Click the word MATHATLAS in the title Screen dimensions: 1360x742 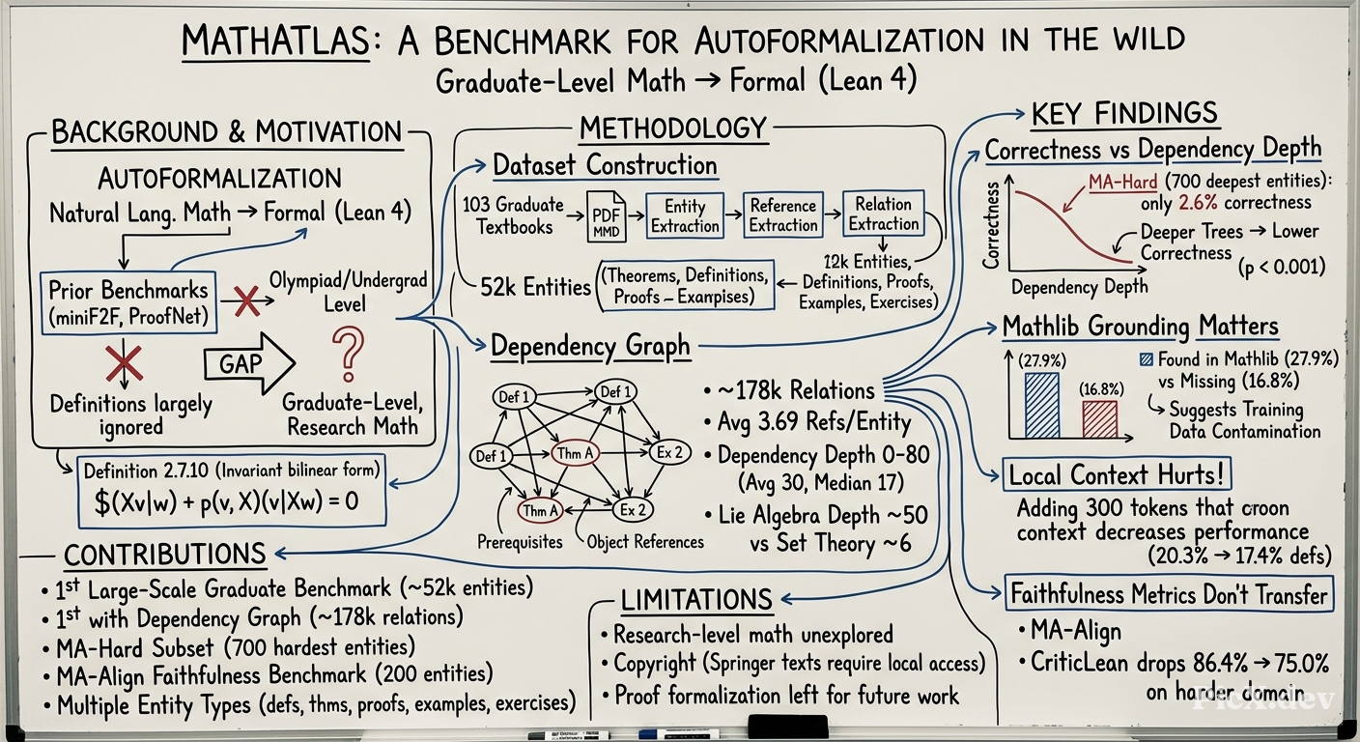click(275, 42)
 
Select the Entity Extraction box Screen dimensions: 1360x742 click(685, 216)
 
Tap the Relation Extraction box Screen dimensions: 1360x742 click(884, 214)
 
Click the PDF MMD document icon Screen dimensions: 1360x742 click(607, 216)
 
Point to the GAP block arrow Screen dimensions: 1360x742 click(249, 363)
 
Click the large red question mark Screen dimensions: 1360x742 click(348, 354)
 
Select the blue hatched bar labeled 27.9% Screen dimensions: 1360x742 click(1042, 406)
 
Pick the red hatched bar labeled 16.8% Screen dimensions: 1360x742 click(1099, 419)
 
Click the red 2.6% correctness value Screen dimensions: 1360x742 click(1199, 202)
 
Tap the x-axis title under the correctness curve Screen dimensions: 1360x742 click(1080, 286)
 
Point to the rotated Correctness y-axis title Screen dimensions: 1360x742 click(991, 225)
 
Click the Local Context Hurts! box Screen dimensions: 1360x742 click(1116, 474)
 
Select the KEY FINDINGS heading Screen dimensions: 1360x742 click(1124, 114)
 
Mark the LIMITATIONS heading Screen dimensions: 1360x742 click(696, 600)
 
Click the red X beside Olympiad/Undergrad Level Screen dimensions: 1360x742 click(246, 301)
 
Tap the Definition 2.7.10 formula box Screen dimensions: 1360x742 click(232, 491)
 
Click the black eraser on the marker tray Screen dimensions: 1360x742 click(788, 727)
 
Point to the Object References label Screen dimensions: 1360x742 click(645, 542)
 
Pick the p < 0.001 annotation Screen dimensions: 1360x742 click(1281, 267)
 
